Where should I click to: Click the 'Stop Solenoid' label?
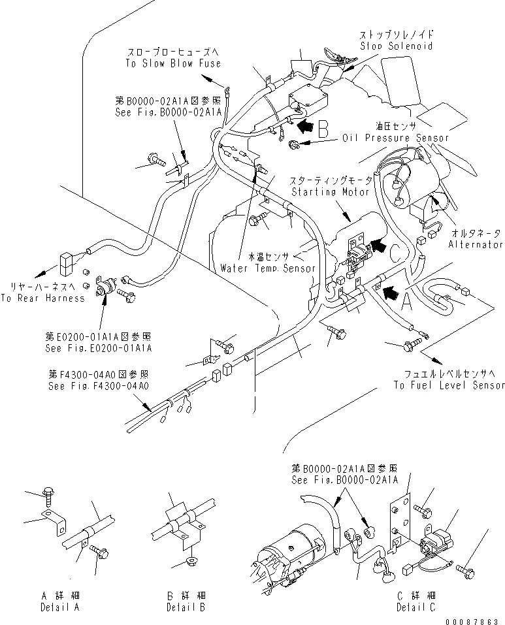396,46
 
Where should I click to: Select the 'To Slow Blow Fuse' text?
173,63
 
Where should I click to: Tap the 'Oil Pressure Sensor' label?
396,138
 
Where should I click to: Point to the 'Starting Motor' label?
333,192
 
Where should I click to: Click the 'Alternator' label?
475,244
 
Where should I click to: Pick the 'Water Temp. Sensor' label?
268,268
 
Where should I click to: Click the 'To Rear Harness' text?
42,298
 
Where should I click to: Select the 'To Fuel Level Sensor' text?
449,385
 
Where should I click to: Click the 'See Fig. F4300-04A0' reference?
99,385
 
